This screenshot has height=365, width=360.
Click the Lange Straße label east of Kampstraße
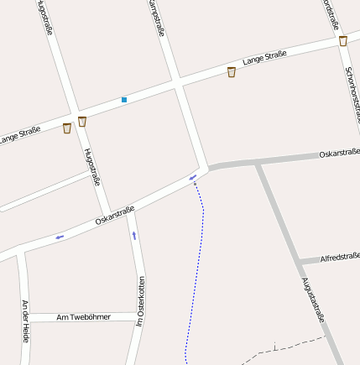(x=264, y=58)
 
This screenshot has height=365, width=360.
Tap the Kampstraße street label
(x=156, y=18)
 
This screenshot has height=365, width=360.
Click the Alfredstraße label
(x=340, y=257)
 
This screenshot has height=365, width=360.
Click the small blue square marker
(x=124, y=100)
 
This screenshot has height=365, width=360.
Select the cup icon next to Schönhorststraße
(x=343, y=41)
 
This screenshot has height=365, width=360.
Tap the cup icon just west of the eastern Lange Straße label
(x=232, y=72)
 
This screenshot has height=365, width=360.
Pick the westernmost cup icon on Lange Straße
(x=67, y=128)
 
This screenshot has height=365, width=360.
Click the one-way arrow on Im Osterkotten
(x=133, y=236)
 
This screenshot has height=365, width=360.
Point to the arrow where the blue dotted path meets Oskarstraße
(x=193, y=176)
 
